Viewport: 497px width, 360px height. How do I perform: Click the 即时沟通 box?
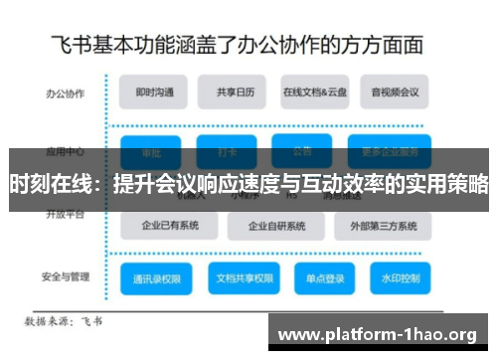154,92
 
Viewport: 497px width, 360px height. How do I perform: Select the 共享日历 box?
232,92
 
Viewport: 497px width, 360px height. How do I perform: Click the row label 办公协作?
64,93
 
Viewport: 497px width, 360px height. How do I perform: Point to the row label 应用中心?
64,152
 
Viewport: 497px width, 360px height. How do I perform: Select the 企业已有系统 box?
170,225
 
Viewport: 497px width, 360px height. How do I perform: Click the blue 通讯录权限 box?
156,277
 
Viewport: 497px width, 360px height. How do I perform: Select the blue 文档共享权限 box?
240,277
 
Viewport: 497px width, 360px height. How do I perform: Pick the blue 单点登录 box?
325,277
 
